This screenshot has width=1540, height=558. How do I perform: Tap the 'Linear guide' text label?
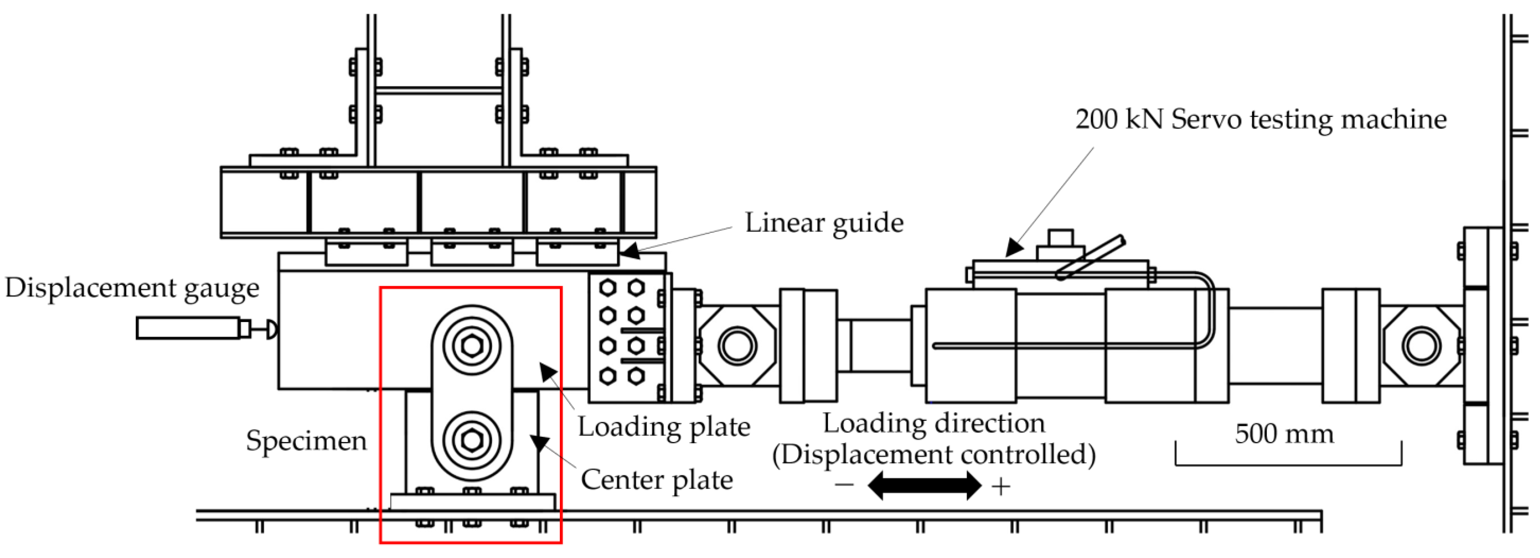pos(824,223)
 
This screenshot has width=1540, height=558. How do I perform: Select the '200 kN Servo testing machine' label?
pos(1260,119)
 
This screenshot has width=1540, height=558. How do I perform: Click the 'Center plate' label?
pos(656,480)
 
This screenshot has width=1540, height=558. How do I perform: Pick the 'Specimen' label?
pos(306,441)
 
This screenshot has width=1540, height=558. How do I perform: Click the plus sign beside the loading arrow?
pos(1001,487)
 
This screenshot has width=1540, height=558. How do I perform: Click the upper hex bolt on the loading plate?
pos(472,346)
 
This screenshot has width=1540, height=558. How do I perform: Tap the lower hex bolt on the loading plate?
pos(472,441)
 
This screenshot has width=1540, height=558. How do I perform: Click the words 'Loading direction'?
pos(934,423)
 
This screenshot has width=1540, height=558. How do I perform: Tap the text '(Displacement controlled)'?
pos(934,454)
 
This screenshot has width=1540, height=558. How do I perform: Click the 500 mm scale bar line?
pos(1288,464)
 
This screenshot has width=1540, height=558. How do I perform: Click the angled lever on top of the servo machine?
pos(1091,257)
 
